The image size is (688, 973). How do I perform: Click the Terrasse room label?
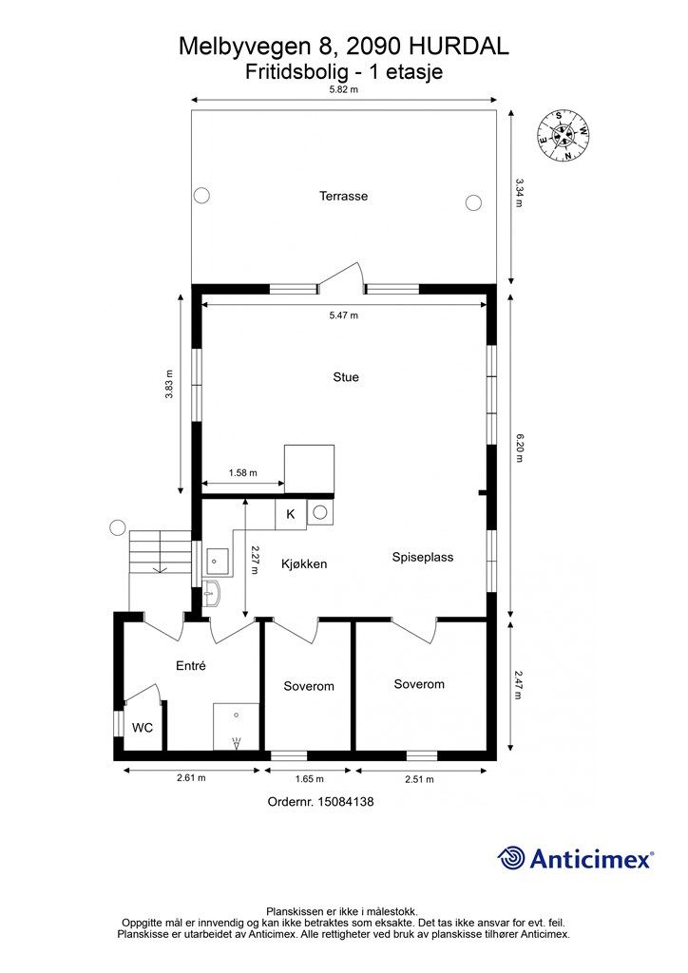tap(343, 196)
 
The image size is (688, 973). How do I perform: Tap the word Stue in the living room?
tap(346, 377)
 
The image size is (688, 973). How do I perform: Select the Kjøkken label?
tap(304, 563)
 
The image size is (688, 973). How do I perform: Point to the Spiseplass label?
tap(423, 557)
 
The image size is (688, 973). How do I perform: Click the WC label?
tap(143, 727)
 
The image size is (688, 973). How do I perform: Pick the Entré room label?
tap(190, 665)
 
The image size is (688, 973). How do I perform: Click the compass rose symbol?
tap(563, 135)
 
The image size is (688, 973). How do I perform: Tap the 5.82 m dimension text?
tap(344, 88)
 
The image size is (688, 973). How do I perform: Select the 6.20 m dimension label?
tap(519, 448)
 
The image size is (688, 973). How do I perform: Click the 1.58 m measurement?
tap(242, 473)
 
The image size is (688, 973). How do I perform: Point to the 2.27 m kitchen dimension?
tap(254, 560)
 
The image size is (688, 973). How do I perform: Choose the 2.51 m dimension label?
tap(419, 779)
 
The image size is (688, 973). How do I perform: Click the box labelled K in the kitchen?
tap(291, 514)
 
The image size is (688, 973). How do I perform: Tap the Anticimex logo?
tap(575, 858)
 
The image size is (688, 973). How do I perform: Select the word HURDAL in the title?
tap(458, 46)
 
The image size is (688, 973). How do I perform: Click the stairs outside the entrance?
tap(160, 552)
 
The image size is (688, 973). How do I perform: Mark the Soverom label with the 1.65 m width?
tap(308, 686)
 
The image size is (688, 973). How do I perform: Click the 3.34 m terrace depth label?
tap(519, 193)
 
